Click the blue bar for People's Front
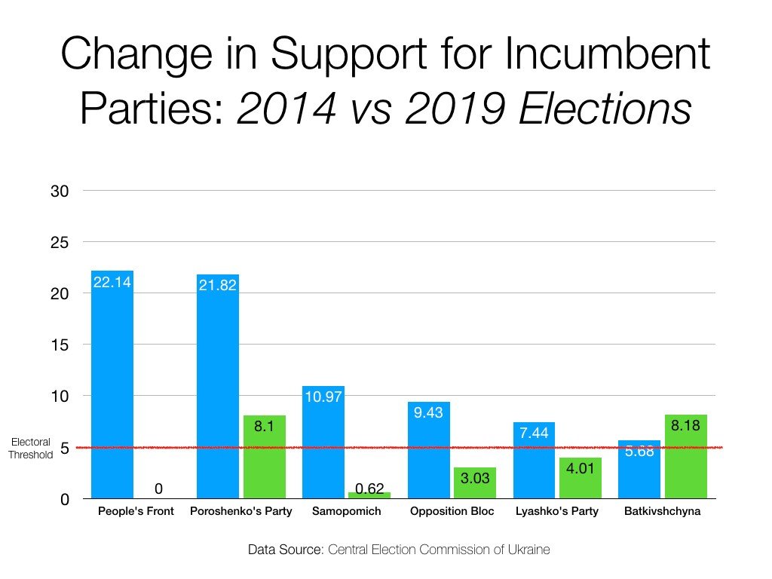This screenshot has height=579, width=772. (112, 384)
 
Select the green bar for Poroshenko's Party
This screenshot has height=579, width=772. (263, 457)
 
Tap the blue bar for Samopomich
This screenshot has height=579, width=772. (323, 442)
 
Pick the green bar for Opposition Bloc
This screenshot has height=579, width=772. (475, 483)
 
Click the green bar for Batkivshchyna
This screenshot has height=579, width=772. (686, 457)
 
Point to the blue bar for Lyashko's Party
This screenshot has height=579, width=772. (535, 460)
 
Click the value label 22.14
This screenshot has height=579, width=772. (112, 283)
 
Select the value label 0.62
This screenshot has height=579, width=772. (369, 489)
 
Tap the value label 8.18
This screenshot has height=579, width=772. (686, 427)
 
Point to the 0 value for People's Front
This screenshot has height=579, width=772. (158, 489)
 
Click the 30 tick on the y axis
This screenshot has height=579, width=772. (60, 191)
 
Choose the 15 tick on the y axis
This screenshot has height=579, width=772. (60, 345)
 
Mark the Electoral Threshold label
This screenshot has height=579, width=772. (31, 449)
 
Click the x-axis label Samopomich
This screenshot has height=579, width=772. (347, 511)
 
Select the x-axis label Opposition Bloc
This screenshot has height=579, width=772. (452, 511)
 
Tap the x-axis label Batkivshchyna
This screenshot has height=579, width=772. (663, 511)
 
